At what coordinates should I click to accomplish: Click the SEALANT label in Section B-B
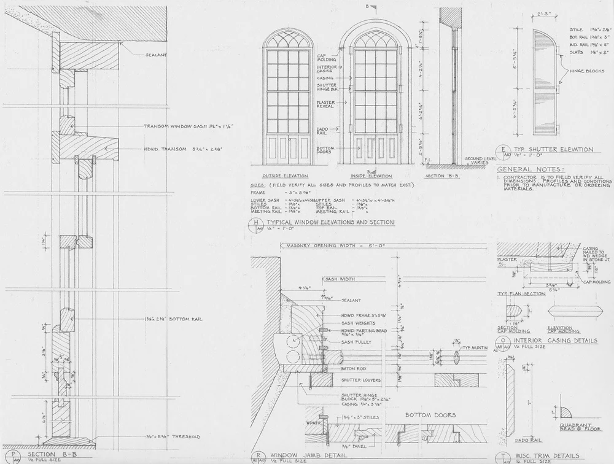156,55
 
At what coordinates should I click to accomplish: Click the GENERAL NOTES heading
529,169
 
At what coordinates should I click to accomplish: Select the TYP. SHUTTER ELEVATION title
554,149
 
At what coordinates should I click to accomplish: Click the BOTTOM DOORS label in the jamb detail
430,415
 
